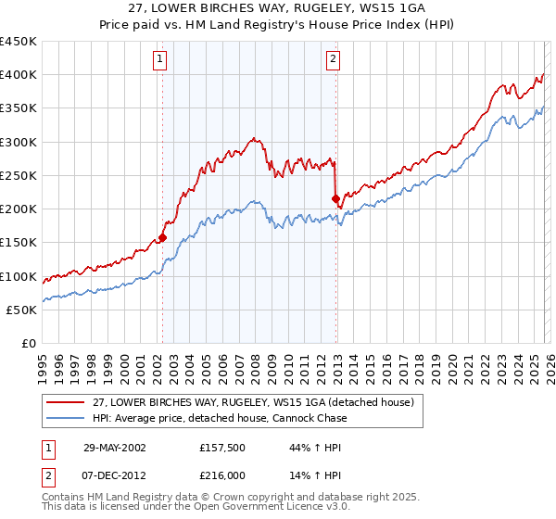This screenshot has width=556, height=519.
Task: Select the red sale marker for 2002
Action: point(162,237)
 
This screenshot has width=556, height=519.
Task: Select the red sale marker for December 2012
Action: point(335,197)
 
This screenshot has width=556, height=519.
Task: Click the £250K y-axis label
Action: point(19,175)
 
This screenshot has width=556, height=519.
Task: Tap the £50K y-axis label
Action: point(22,310)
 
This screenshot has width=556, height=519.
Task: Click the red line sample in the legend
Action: point(65,402)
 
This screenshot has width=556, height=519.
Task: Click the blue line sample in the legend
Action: point(65,418)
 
